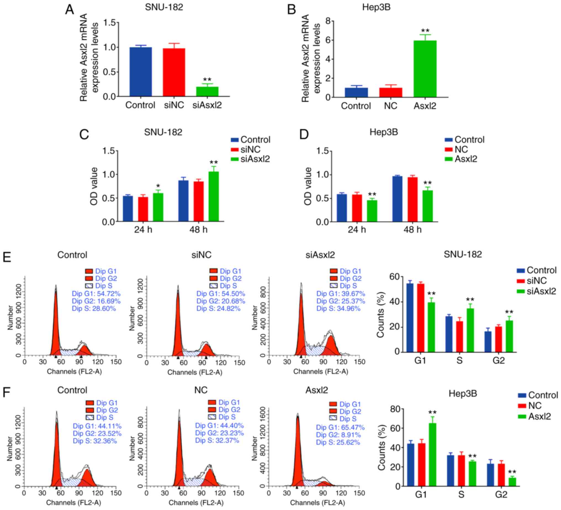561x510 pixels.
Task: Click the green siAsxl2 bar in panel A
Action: [x=207, y=92]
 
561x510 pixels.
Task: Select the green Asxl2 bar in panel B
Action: [x=425, y=69]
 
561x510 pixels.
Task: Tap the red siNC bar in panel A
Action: [x=174, y=72]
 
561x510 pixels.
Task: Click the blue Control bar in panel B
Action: [x=356, y=92]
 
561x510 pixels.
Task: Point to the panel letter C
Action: [x=84, y=135]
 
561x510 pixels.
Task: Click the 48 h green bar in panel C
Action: [x=214, y=196]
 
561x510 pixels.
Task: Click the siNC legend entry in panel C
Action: [x=250, y=149]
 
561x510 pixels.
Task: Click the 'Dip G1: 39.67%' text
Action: [x=341, y=294]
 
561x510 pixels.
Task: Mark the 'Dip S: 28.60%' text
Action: [x=94, y=309]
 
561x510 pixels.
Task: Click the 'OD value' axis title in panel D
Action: [x=308, y=186]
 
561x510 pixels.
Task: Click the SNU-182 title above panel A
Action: [x=164, y=7]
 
